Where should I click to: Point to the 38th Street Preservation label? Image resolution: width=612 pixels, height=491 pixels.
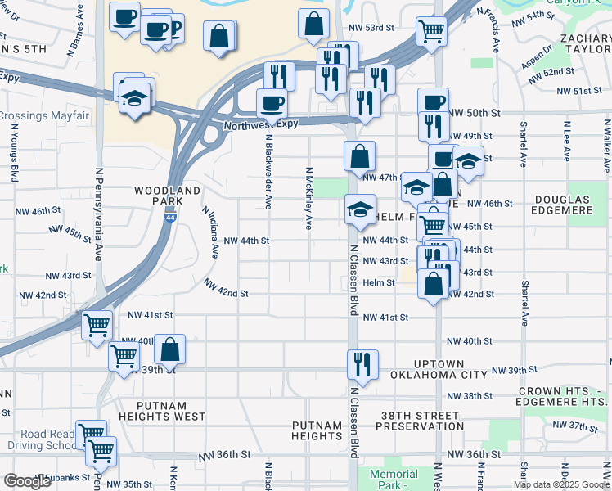421,421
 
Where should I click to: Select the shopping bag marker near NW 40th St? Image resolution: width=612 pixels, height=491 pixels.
169,349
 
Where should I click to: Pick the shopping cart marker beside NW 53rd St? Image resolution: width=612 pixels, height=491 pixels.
431,32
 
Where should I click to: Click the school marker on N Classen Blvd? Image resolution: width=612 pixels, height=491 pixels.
360,210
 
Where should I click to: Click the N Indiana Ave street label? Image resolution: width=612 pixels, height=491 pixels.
209,232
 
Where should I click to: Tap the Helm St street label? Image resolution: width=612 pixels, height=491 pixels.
379,283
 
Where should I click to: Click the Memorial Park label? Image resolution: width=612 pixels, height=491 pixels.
394,479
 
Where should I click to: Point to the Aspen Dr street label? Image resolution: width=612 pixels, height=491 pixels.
537,57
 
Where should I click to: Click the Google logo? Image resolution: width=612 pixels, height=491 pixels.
28,481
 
